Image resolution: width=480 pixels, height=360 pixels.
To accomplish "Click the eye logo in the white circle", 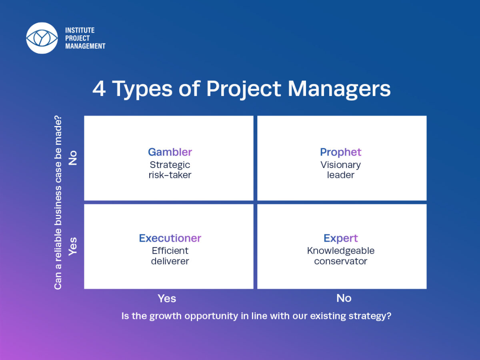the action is (x=42, y=38).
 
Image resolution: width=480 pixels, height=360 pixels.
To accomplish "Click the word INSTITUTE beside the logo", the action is (x=80, y=30).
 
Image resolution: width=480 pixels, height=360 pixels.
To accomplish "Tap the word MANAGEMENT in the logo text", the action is (x=85, y=46).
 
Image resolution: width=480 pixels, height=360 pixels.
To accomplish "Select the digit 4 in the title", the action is (x=99, y=89).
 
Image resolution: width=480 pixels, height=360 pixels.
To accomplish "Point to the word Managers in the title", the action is (x=339, y=89).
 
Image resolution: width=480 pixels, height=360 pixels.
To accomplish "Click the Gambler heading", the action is (x=170, y=152).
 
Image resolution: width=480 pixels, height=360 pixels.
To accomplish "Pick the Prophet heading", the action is (x=341, y=152).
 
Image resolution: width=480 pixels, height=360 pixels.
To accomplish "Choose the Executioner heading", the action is (x=170, y=238).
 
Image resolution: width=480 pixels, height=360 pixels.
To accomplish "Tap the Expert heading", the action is (x=341, y=238).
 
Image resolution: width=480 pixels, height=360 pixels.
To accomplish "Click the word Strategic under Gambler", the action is (x=170, y=165).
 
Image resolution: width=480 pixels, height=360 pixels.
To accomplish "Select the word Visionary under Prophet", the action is (x=341, y=165).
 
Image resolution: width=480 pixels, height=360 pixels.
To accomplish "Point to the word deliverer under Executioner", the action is (x=170, y=261).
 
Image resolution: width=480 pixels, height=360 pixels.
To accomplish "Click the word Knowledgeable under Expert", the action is (x=341, y=251).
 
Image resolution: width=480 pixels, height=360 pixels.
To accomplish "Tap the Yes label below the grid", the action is (x=167, y=298).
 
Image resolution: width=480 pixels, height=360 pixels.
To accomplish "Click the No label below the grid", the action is (x=344, y=298).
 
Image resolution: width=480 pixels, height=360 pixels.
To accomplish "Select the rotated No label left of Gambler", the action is (x=73, y=158).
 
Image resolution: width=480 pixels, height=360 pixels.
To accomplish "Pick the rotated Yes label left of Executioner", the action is (x=73, y=246).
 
